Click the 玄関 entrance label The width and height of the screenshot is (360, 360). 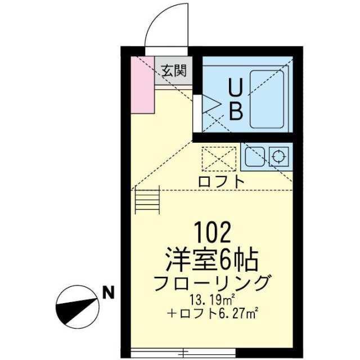pyautogui.click(x=174, y=70)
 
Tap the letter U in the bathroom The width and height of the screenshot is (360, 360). pyautogui.click(x=236, y=88)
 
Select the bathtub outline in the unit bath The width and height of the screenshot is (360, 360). pyautogui.click(x=267, y=99)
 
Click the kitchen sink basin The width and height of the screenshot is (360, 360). pyautogui.click(x=255, y=156)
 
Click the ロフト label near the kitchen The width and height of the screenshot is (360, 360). pyautogui.click(x=221, y=181)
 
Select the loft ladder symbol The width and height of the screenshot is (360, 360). pyautogui.click(x=147, y=199)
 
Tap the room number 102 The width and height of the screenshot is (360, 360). pyautogui.click(x=213, y=232)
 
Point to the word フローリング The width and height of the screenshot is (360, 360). pyautogui.click(x=211, y=283)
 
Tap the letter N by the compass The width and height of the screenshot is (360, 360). pyautogui.click(x=108, y=292)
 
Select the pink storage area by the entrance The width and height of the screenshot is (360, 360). pyautogui.click(x=142, y=84)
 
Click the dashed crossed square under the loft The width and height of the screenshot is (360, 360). pyautogui.click(x=219, y=159)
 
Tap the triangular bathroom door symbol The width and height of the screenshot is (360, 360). pyautogui.click(x=211, y=105)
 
